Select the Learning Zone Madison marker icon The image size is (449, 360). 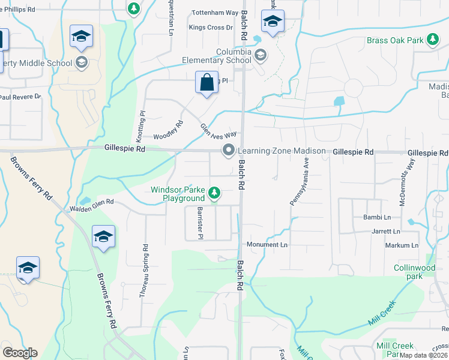(x=228, y=151)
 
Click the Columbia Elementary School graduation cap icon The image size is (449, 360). (x=261, y=56)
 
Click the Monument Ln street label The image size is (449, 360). (x=267, y=245)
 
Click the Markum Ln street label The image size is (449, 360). (x=402, y=245)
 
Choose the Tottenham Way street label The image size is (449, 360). (x=215, y=13)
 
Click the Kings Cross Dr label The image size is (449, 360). (x=211, y=28)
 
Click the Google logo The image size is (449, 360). (x=20, y=353)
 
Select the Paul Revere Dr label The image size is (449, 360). (x=20, y=97)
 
